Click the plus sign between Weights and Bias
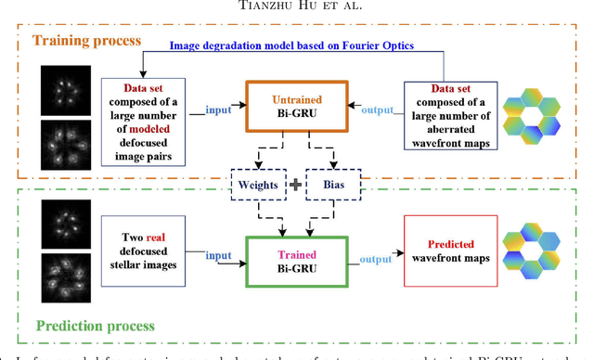pos(295,184)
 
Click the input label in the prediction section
pos(219,254)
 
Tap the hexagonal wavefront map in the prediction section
pos(536,259)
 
